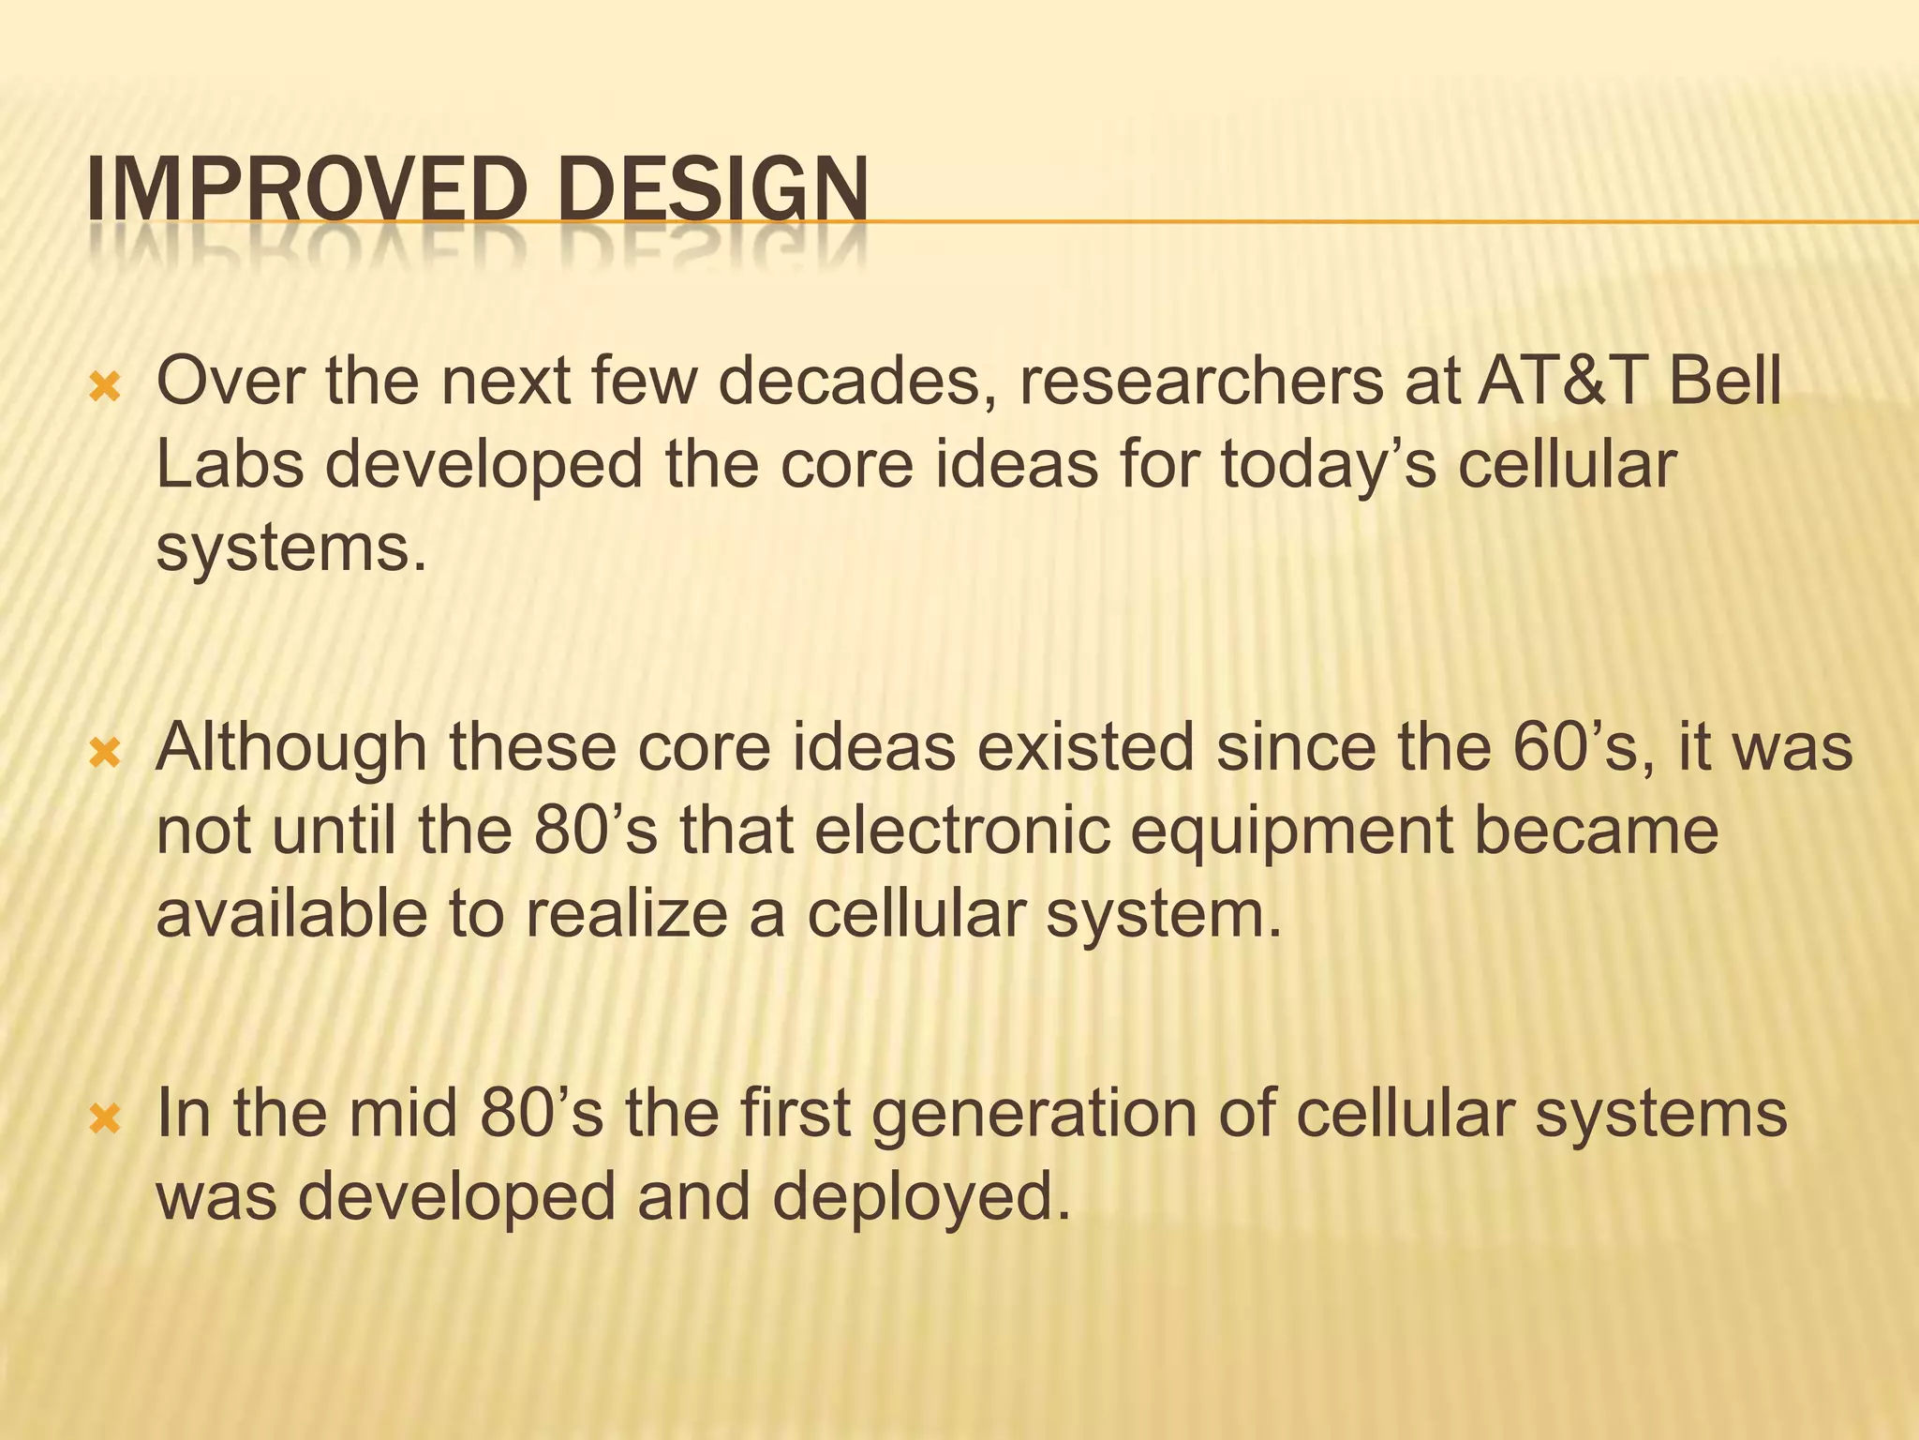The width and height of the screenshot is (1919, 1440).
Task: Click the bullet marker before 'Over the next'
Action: point(104,387)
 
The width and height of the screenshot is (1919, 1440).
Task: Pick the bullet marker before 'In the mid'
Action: point(104,1118)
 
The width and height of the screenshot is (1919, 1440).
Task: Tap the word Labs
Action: point(230,465)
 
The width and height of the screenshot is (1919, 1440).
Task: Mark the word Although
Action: point(290,747)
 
